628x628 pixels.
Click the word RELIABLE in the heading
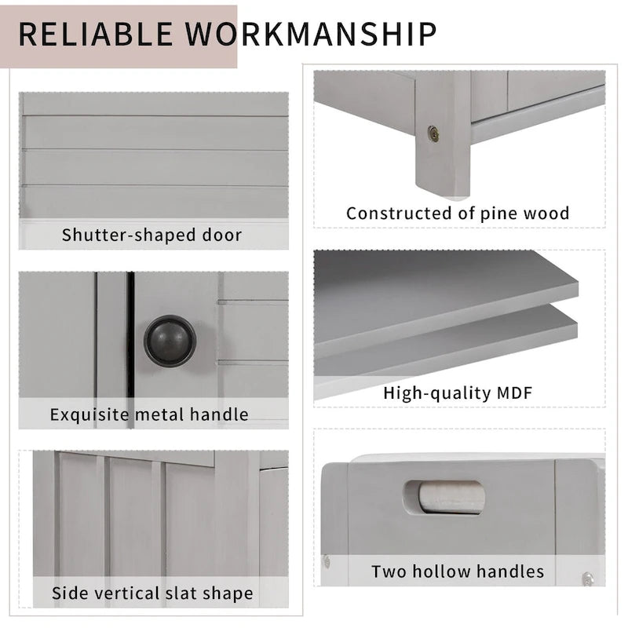pyautogui.click(x=94, y=34)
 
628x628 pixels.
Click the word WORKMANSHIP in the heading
pyautogui.click(x=310, y=34)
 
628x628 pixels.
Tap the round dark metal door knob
pyautogui.click(x=170, y=341)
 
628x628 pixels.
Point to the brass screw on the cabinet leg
pyautogui.click(x=433, y=133)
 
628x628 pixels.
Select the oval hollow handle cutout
pyautogui.click(x=444, y=497)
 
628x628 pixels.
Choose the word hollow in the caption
pyautogui.click(x=437, y=571)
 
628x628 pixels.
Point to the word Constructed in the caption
pyautogui.click(x=400, y=213)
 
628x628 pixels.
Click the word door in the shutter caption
pyautogui.click(x=221, y=235)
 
